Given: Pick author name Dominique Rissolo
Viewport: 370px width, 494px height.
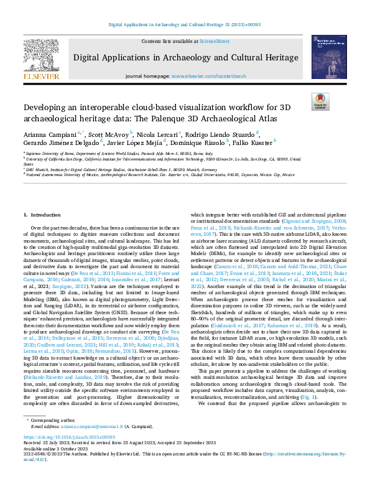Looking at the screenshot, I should tap(205, 142).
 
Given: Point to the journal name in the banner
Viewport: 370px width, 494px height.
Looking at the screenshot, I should tap(185, 59).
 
